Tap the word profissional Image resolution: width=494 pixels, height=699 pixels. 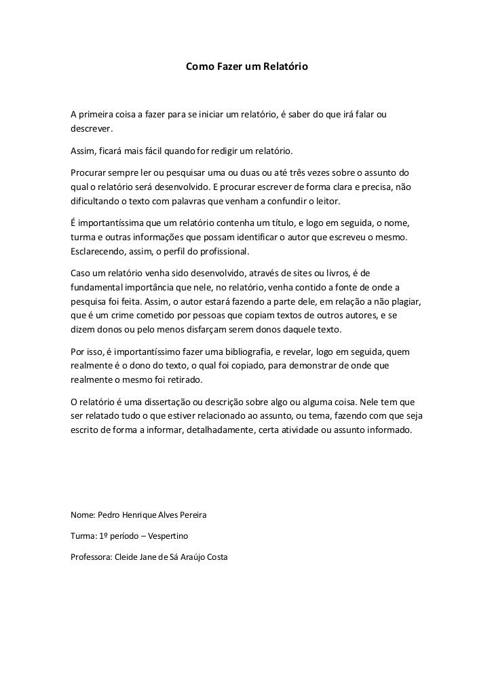[x=222, y=253]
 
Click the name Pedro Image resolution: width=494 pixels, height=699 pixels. [x=109, y=515]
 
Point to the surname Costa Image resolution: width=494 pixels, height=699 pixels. [x=214, y=557]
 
